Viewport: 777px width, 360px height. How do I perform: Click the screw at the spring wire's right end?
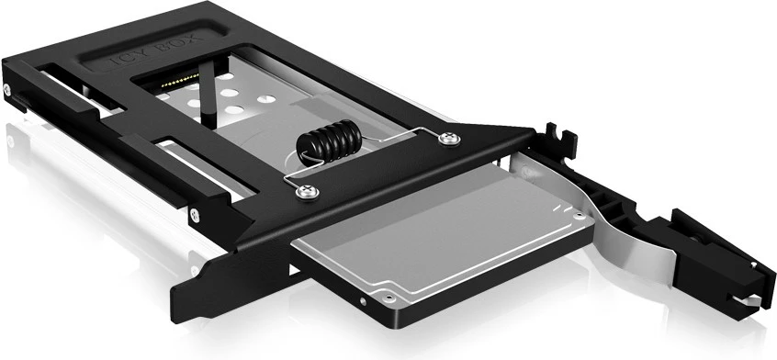coord(448,139)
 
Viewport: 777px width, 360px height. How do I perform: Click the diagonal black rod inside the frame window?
coord(209,92)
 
